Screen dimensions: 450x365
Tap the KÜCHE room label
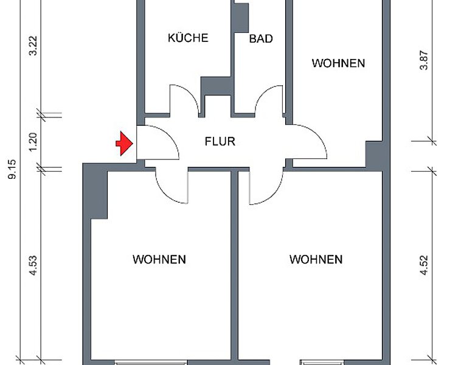tap(188, 38)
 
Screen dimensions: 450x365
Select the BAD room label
tap(261, 39)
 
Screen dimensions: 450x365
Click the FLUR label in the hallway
tap(220, 141)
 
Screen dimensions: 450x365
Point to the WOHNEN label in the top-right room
tap(338, 63)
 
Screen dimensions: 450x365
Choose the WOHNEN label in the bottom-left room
tap(159, 259)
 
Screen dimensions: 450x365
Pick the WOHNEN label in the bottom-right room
tap(316, 259)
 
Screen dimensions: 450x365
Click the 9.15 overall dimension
tap(12, 170)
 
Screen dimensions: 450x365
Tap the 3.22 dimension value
tap(33, 46)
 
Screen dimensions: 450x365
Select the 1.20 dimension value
tap(33, 141)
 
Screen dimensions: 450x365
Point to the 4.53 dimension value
tap(33, 265)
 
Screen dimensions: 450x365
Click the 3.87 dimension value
tap(424, 60)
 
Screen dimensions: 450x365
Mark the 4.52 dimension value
tap(424, 265)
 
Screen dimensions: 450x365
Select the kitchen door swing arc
tap(190, 91)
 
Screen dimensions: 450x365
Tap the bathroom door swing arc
tap(262, 92)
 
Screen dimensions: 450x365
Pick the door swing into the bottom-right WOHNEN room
tap(275, 195)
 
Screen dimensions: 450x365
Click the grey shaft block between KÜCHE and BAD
tap(217, 86)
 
